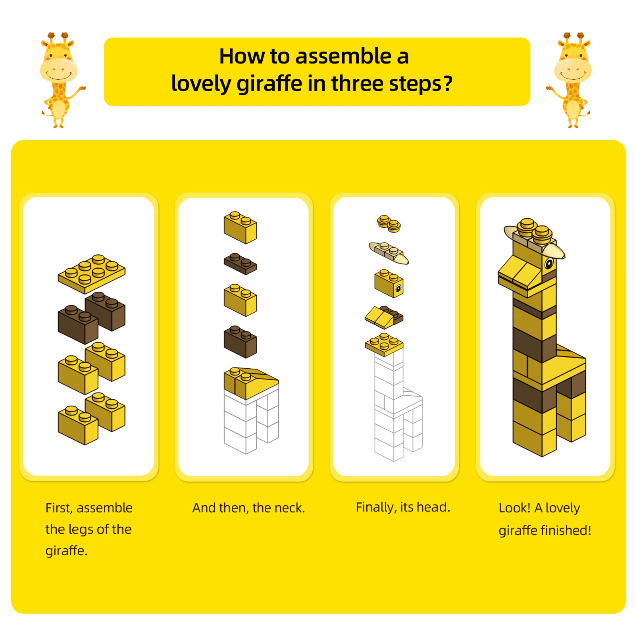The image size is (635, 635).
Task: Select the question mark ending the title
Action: coord(447,83)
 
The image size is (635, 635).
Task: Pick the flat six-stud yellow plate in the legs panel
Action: coord(92,273)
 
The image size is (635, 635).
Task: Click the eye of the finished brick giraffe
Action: coord(549,263)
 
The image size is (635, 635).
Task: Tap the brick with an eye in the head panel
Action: coord(389,283)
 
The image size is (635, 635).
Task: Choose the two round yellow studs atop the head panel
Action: coord(389,223)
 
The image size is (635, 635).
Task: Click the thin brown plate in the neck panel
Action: coord(240,264)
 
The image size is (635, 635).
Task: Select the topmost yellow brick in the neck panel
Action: coord(240,227)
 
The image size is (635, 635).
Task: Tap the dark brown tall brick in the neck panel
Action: coord(240,342)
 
